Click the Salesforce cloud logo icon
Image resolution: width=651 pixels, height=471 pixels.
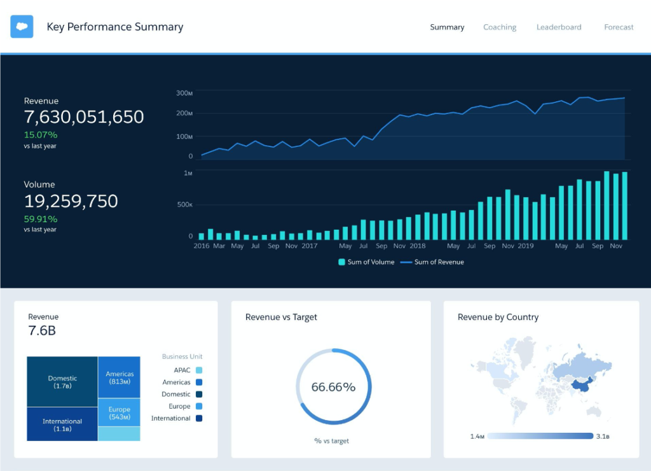click(x=22, y=27)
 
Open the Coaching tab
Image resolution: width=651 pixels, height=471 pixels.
click(x=500, y=27)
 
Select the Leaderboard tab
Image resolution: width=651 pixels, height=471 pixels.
click(x=559, y=27)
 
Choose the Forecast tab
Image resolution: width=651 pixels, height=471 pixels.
click(x=619, y=27)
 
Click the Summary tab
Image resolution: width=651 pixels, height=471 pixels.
click(x=447, y=27)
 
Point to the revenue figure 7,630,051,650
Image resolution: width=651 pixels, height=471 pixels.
click(x=84, y=117)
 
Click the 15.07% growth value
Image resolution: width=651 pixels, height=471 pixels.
click(x=41, y=135)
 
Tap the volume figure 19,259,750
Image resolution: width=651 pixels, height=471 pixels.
click(x=71, y=201)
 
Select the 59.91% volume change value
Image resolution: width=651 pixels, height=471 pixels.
click(x=41, y=218)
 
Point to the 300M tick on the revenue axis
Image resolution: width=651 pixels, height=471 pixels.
click(x=184, y=94)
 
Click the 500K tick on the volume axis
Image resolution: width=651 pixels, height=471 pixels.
click(x=184, y=205)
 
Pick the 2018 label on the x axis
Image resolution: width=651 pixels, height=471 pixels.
click(x=418, y=246)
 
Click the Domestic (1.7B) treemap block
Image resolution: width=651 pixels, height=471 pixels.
click(x=62, y=382)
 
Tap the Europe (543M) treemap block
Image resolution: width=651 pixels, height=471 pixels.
click(x=120, y=413)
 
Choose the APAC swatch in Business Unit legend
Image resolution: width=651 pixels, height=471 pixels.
click(x=199, y=370)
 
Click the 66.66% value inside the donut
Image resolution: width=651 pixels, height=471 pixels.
click(x=333, y=387)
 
